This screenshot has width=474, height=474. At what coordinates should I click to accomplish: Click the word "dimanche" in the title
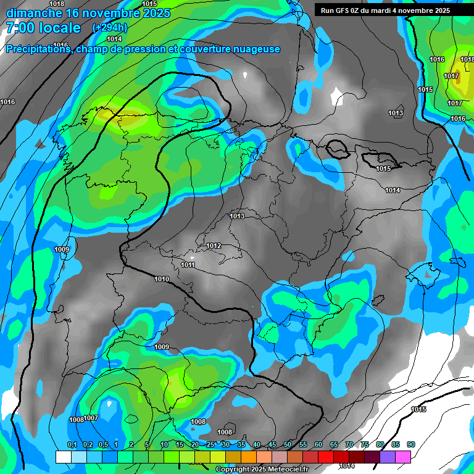tap(33, 12)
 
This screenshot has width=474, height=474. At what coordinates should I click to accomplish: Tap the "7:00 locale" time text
tap(43, 28)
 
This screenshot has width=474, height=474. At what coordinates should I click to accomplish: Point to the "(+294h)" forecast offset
tap(109, 28)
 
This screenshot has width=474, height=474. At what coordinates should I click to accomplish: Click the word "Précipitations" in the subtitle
tap(38, 49)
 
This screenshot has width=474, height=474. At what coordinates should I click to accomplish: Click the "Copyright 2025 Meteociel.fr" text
tap(262, 469)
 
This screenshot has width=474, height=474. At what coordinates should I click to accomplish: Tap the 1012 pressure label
tap(214, 246)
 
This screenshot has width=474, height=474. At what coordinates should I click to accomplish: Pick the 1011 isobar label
tap(188, 265)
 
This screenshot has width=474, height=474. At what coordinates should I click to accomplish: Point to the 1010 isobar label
tap(162, 279)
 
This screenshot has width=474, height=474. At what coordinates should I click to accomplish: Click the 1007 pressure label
tap(91, 418)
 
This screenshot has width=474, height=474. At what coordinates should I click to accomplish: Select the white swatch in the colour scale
tap(63, 457)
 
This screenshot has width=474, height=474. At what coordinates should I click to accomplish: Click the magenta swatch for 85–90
tap(403, 457)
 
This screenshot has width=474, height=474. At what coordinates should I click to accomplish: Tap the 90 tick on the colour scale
tap(411, 445)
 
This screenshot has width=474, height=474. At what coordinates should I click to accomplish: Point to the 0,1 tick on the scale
tap(72, 445)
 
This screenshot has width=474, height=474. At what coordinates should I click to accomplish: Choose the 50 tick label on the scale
tap(288, 445)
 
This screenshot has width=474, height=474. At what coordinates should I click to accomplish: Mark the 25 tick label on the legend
tap(210, 445)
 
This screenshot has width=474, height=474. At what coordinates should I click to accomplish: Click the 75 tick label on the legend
tap(365, 445)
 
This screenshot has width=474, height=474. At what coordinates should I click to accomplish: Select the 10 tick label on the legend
tap(164, 445)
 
